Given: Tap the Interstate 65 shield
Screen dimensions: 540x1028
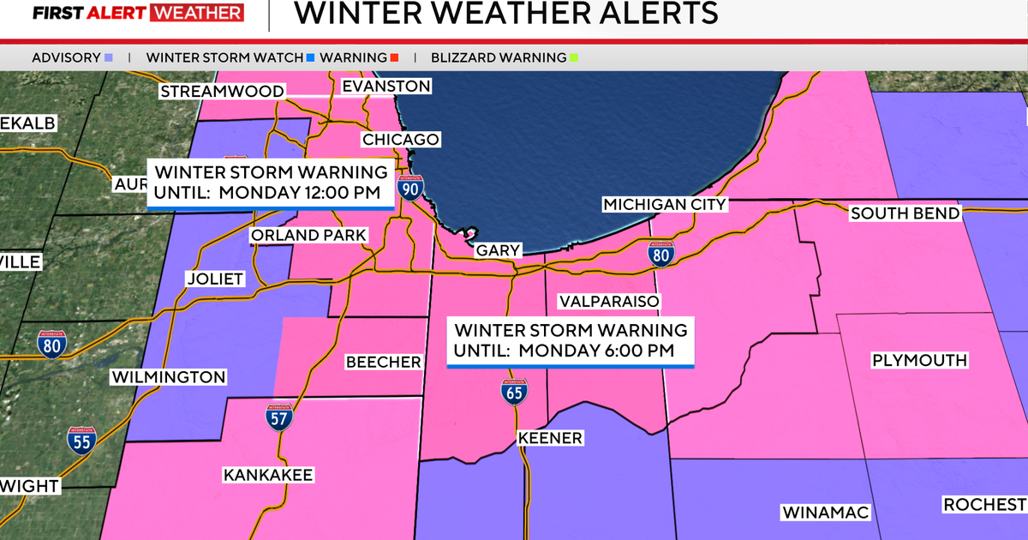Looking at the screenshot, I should [514, 391].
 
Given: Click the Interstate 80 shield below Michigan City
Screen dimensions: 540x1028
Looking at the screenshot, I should [660, 253].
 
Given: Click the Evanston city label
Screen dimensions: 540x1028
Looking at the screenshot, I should [385, 87].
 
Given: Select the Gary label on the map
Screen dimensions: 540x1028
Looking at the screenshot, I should [498, 250].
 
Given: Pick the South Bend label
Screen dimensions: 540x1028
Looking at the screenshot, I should [905, 213].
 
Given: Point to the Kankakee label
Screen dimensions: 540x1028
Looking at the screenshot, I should [268, 475].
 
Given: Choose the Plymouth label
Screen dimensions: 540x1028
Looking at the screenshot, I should [919, 360].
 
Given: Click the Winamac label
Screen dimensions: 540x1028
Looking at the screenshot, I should [826, 513].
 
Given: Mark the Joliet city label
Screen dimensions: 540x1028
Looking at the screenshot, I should [215, 279].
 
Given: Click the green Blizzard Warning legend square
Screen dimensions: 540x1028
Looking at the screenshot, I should [573, 58].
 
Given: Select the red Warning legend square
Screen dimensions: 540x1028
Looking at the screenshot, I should [393, 58].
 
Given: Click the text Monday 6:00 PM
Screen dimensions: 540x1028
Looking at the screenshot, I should [596, 351].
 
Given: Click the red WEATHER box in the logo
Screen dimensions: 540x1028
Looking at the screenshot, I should [197, 13].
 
